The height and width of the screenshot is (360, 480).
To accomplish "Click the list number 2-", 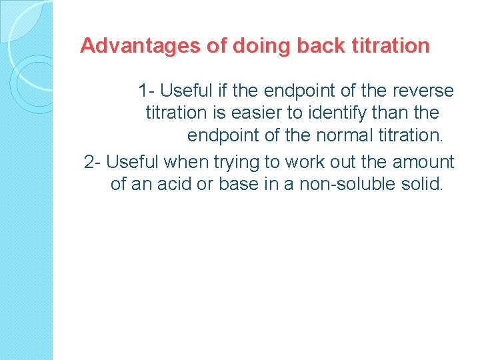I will pos(93,162).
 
